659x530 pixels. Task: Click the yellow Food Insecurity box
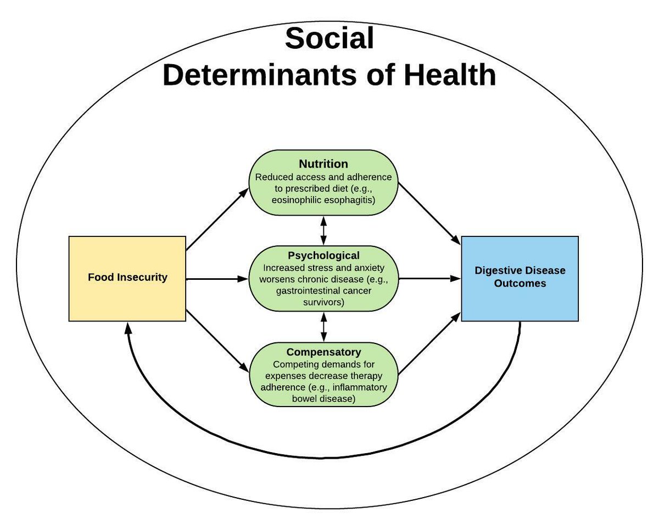coord(127,278)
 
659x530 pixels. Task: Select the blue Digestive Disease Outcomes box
coord(520,278)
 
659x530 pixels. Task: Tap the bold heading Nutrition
coord(323,164)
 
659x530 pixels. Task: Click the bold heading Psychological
coord(323,256)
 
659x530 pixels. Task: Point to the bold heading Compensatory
coord(323,352)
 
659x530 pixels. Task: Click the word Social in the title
coord(329,40)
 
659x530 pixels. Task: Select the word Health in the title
coord(450,75)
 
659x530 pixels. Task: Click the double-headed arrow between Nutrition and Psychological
coord(323,230)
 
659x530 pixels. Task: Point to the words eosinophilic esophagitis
coord(323,200)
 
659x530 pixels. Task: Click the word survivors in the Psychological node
coord(323,301)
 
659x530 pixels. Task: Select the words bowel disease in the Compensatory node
coord(323,399)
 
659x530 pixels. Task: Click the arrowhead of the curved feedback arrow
coord(127,327)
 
